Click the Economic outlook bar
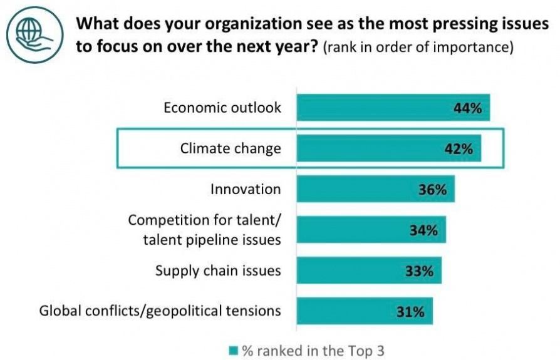pyautogui.click(x=376, y=107)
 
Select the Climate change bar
pyautogui.click(x=376, y=148)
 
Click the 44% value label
pyautogui.click(x=467, y=108)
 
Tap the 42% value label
pyautogui.click(x=459, y=149)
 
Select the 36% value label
pyautogui.click(x=432, y=190)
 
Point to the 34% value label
pyautogui.click(x=423, y=230)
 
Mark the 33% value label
pyautogui.click(x=419, y=271)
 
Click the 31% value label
pyautogui.click(x=410, y=311)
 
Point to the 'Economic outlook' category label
pyautogui.click(x=222, y=107)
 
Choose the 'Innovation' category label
pyautogui.click(x=246, y=189)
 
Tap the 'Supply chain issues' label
pyautogui.click(x=218, y=270)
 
